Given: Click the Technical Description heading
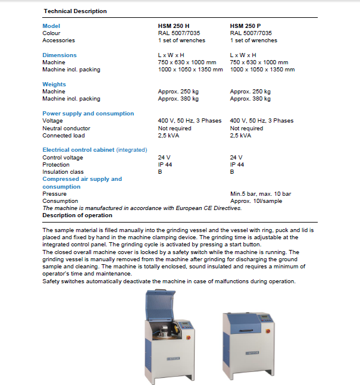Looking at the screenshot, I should [x=74, y=11].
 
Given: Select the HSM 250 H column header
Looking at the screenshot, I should [x=173, y=26].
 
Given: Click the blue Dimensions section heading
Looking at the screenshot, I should [x=60, y=55].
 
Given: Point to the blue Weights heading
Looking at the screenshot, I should [x=54, y=84].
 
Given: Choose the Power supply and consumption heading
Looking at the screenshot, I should [x=88, y=114].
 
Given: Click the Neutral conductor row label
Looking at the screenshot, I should [x=66, y=128].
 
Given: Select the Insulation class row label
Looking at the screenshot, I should [x=63, y=172].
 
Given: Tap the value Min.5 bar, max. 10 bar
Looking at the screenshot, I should [x=260, y=194].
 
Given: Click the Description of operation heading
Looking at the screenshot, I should [x=77, y=215].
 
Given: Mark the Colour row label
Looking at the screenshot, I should [x=51, y=33].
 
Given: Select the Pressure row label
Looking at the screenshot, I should [x=54, y=194].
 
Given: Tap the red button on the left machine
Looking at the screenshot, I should [x=189, y=337].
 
